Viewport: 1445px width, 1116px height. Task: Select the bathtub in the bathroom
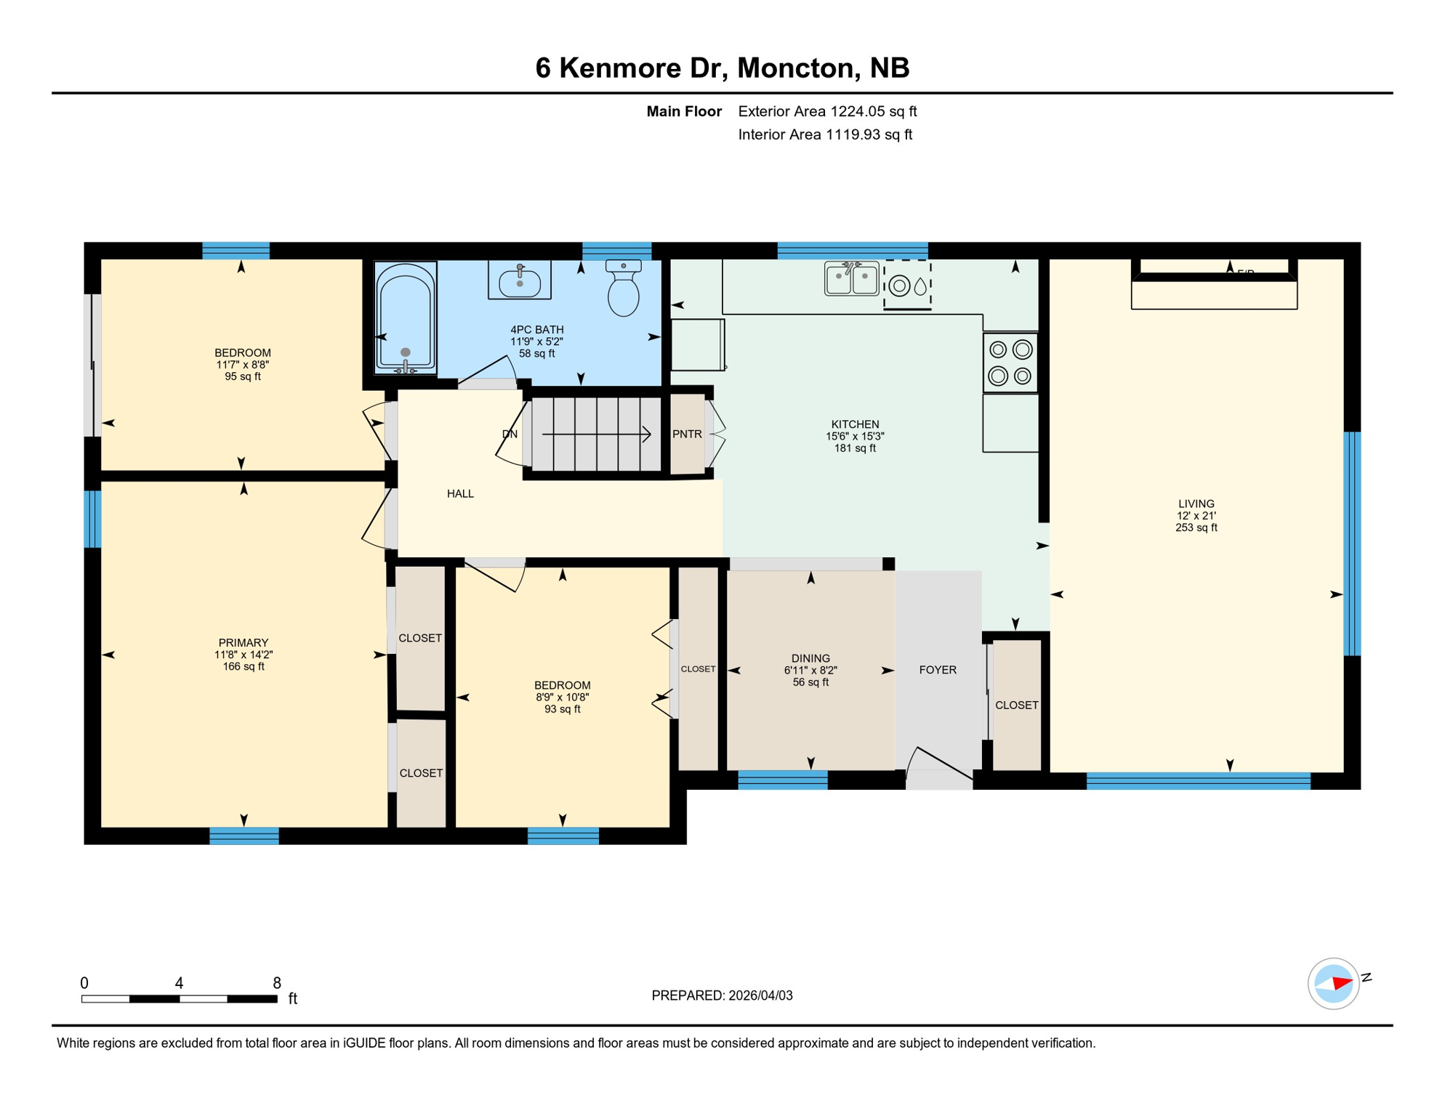(406, 318)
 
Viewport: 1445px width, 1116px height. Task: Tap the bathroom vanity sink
(519, 281)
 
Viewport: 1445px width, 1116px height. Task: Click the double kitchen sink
(851, 279)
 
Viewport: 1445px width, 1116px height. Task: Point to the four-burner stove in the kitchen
(1010, 363)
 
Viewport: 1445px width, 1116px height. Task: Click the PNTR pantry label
(686, 434)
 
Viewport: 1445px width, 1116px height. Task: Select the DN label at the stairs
(510, 434)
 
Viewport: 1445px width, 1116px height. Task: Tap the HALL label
(460, 494)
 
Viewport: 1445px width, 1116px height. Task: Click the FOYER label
(937, 670)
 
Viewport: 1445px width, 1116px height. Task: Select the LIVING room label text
(1196, 504)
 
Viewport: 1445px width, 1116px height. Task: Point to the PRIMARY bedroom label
(243, 643)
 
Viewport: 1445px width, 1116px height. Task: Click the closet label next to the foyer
(1016, 705)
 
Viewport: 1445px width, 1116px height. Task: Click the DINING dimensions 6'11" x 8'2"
(810, 671)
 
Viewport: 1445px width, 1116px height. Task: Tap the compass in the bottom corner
(1333, 984)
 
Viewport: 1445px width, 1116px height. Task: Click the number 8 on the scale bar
(277, 983)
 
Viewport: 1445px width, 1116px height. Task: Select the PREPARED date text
(722, 995)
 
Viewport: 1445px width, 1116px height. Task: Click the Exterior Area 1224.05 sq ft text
(827, 111)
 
